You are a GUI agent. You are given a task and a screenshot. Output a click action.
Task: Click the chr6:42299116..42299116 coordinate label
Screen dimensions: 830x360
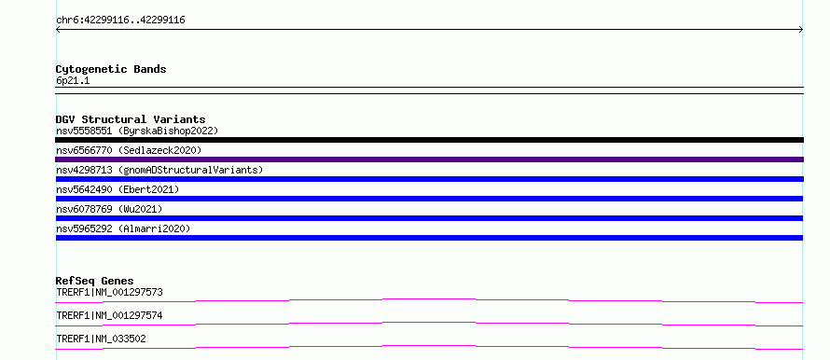pos(120,21)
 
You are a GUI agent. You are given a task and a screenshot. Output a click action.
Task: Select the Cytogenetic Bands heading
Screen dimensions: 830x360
pos(111,69)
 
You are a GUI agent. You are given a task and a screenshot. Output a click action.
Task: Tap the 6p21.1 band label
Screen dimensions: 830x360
pos(73,81)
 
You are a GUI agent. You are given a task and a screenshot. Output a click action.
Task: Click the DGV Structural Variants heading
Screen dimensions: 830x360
pos(131,119)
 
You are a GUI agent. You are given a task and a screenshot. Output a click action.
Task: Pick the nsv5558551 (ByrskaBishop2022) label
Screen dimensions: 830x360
pos(137,131)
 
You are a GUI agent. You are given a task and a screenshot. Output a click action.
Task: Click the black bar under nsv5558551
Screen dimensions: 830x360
pos(429,140)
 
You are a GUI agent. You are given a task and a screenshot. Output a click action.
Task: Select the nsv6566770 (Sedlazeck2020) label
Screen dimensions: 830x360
pos(129,150)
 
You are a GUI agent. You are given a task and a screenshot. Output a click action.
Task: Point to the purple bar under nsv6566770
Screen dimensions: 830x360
pos(429,159)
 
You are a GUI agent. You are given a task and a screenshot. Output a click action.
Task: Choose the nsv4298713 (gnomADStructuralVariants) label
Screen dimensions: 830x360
pos(159,170)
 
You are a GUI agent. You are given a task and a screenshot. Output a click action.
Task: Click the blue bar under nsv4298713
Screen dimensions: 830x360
pos(429,179)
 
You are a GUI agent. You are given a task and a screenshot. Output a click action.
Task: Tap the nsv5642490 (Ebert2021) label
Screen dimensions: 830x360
pos(118,189)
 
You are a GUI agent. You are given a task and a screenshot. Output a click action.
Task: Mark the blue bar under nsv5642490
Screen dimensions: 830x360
pos(429,199)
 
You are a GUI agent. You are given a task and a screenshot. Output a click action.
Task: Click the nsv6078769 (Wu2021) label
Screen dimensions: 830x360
pos(109,209)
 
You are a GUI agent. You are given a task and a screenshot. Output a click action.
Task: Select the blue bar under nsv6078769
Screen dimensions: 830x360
pos(429,218)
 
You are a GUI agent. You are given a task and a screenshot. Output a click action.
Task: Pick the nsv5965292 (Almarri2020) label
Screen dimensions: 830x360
pos(123,228)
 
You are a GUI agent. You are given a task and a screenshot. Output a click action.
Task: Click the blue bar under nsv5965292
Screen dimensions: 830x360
pos(429,238)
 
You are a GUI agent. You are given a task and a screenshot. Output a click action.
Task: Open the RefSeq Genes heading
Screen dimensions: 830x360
pos(95,281)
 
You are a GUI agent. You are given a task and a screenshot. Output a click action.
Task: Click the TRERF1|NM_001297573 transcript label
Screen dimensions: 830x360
pos(109,292)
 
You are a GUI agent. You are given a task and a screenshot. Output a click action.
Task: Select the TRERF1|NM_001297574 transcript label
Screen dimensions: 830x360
pos(109,315)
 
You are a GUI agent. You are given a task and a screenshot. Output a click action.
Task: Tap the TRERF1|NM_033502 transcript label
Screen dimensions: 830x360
pos(101,339)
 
